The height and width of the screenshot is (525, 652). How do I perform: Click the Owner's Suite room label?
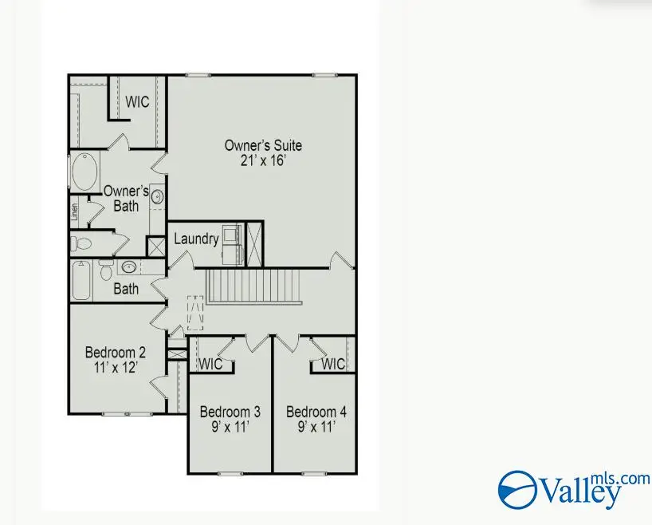[262, 146]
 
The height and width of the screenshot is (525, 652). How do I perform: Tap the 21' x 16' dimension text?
[262, 160]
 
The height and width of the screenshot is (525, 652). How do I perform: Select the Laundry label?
[195, 239]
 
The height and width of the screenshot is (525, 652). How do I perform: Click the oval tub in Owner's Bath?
[83, 170]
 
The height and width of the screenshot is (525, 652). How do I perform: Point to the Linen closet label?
[74, 210]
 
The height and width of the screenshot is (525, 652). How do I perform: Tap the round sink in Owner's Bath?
[157, 195]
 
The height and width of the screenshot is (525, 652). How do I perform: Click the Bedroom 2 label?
[116, 352]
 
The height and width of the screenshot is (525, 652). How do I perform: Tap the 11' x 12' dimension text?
[116, 367]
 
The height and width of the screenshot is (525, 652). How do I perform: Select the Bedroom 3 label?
[230, 412]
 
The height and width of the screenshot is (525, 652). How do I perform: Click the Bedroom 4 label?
[316, 412]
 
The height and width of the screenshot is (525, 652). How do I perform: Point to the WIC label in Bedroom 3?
[210, 365]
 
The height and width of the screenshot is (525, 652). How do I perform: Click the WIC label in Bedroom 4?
[333, 365]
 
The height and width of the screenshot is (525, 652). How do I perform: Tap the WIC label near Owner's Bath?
[137, 102]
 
